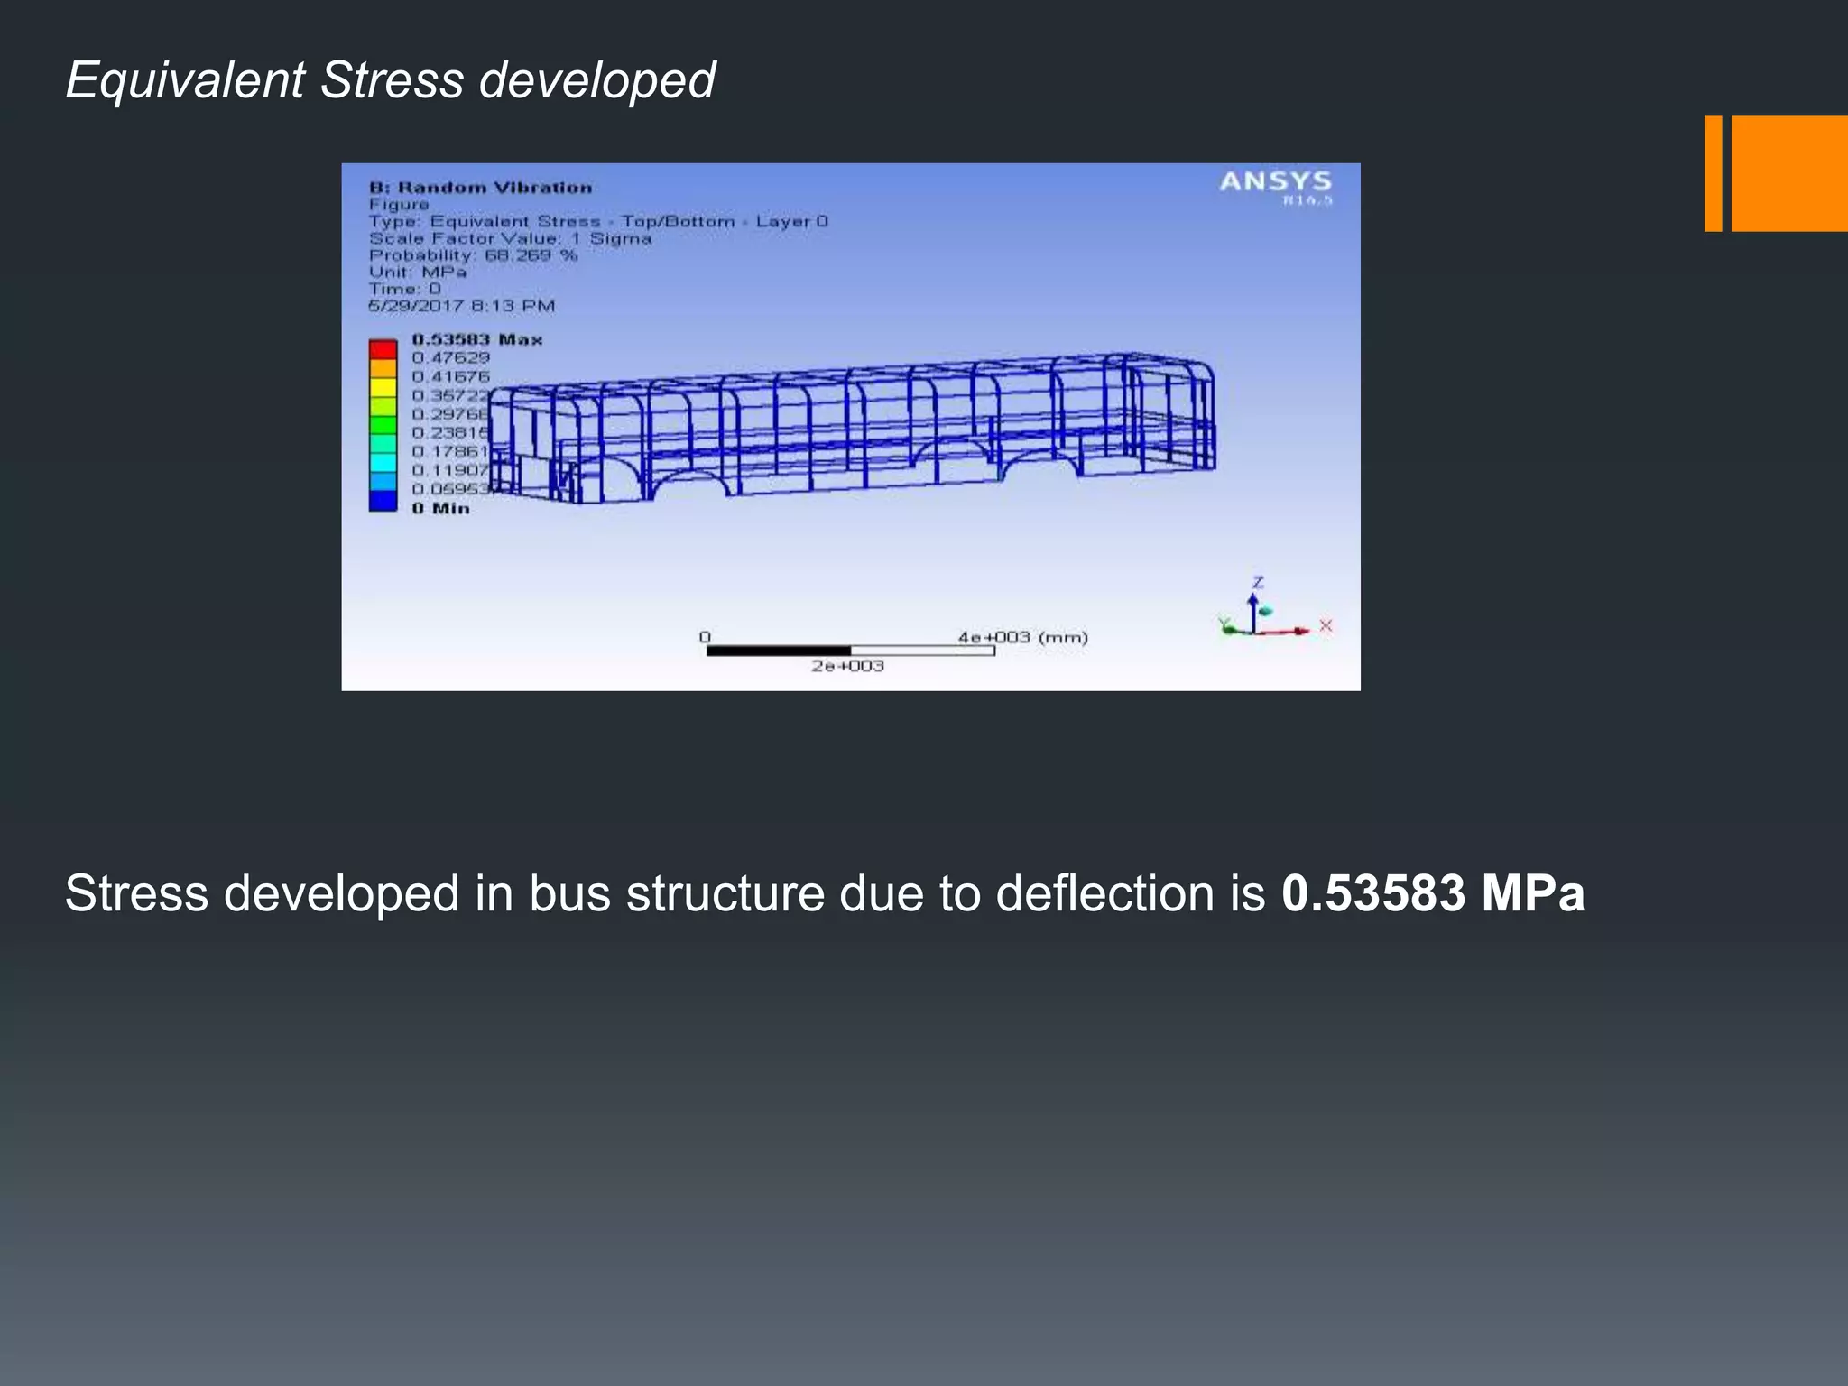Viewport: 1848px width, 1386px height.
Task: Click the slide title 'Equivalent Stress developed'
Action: pos(390,79)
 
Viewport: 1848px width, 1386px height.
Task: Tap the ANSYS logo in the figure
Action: pos(1275,183)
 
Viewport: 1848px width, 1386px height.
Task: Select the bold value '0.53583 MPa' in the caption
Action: pos(1432,893)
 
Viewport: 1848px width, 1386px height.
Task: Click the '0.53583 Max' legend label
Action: pos(476,339)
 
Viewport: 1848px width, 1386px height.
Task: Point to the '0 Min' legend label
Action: pos(440,509)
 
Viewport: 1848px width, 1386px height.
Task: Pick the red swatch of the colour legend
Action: pos(383,349)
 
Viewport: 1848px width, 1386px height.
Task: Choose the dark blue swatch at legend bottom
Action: pos(383,502)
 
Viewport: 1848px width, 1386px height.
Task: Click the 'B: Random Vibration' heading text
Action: pos(480,188)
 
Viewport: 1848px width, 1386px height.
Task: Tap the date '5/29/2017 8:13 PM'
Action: pos(461,306)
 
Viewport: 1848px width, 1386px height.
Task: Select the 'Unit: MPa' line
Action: pos(417,272)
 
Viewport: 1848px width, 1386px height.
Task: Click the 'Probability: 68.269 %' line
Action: pos(473,255)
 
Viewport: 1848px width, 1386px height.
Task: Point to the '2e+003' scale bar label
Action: pos(847,666)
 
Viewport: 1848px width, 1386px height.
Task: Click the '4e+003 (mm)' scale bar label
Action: pos(1022,637)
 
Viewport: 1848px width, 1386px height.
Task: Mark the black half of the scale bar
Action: pos(778,651)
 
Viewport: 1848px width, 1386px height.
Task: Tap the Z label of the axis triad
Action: pos(1258,583)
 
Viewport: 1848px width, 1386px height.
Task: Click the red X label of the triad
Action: pos(1326,625)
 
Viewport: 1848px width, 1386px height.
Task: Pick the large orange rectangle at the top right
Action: pos(1788,173)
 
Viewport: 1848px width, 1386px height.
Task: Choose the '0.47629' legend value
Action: pos(450,358)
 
